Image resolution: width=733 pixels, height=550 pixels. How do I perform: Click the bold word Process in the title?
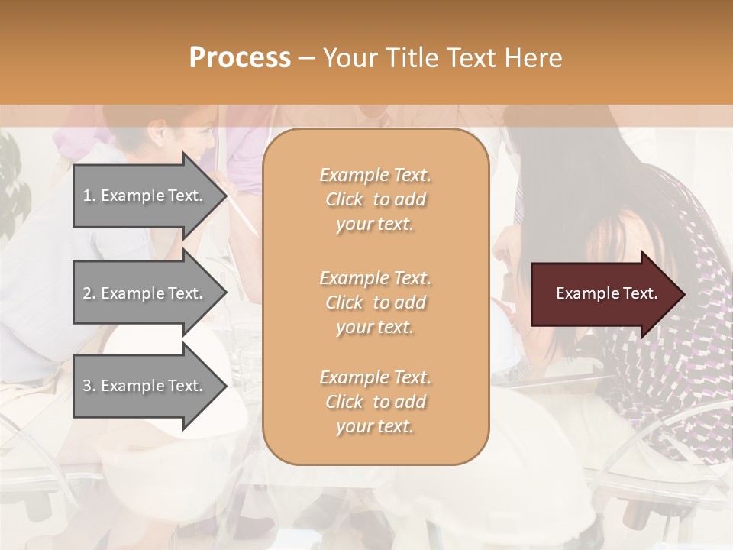[x=240, y=58]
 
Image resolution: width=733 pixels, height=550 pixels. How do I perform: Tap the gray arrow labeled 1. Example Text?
[x=145, y=196]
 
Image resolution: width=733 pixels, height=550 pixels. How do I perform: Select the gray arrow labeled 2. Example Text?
[x=145, y=293]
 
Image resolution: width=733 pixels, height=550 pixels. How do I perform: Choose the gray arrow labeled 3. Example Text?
[x=145, y=386]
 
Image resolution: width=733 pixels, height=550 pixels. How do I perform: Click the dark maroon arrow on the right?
[x=603, y=294]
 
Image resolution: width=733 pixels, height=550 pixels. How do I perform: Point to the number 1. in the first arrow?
[x=89, y=196]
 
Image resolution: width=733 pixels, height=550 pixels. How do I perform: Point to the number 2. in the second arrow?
[x=89, y=293]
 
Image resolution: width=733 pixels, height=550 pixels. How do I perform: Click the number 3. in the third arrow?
[x=89, y=386]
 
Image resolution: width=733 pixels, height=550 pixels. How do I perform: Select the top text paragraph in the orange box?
[x=375, y=199]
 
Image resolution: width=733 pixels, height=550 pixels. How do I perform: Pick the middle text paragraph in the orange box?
[x=375, y=302]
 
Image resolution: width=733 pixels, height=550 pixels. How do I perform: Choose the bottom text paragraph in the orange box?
[x=375, y=402]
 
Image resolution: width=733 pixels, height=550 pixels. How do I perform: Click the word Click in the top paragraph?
[x=344, y=199]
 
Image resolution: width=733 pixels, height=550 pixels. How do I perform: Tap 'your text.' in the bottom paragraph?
[x=375, y=426]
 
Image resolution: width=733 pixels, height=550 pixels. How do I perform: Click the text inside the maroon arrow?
[x=607, y=293]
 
